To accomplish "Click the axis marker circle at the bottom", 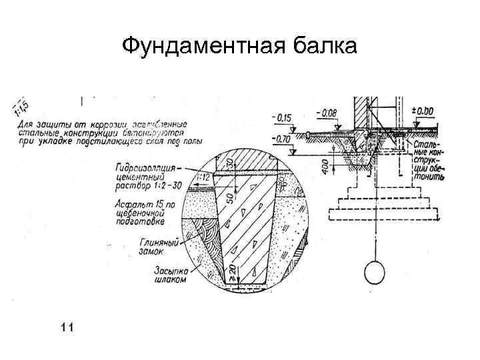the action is point(374,272).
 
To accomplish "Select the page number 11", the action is point(66,326).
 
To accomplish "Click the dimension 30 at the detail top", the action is point(229,163).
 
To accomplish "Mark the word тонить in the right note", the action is point(427,179).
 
